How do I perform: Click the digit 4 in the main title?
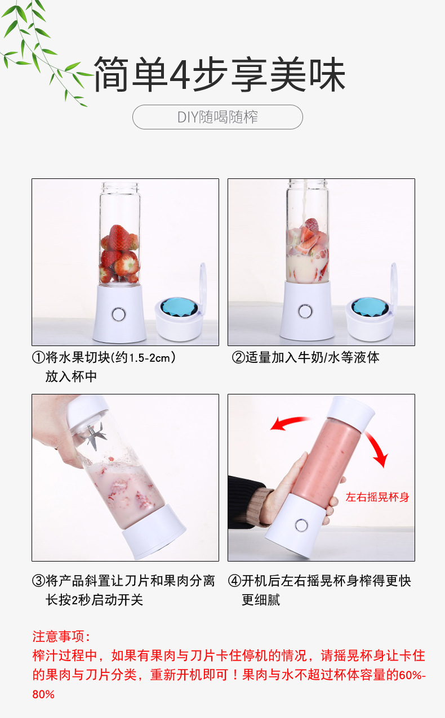[x=180, y=74]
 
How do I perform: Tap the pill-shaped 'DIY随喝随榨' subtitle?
[x=217, y=117]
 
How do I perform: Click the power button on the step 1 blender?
[x=119, y=315]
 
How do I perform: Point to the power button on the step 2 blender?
[x=305, y=311]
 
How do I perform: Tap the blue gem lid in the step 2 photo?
[x=370, y=307]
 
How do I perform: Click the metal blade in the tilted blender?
[x=95, y=435]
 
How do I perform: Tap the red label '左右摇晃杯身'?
[x=377, y=497]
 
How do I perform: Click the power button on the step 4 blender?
[x=301, y=526]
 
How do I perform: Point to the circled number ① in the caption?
[x=38, y=357]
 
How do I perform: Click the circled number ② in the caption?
[x=238, y=357]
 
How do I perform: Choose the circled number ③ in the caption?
[x=38, y=581]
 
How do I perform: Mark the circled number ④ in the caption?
[x=234, y=581]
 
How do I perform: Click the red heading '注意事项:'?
[x=61, y=636]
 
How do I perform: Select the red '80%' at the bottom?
[x=43, y=694]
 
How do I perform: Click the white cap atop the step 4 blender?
[x=351, y=414]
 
